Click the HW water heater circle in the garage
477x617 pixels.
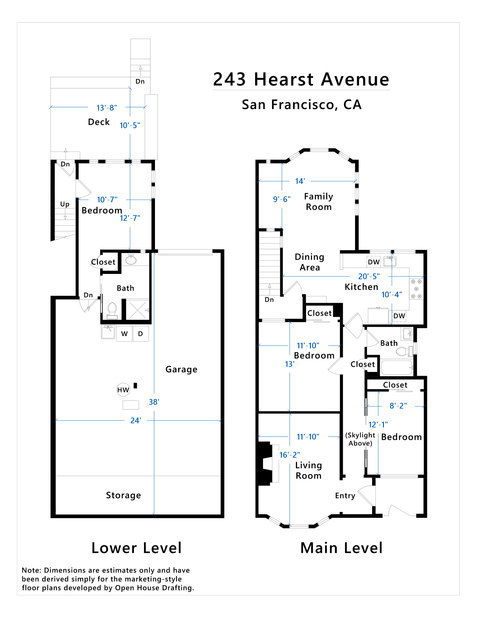pyautogui.click(x=123, y=389)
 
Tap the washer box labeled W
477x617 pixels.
pyautogui.click(x=124, y=334)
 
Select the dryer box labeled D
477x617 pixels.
pyautogui.click(x=141, y=334)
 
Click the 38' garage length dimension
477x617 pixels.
pyautogui.click(x=154, y=402)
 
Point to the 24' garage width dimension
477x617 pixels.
pyautogui.click(x=136, y=420)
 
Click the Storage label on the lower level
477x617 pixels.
pyautogui.click(x=123, y=495)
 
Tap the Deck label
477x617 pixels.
pyautogui.click(x=99, y=122)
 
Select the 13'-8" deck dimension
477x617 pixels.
pyautogui.click(x=107, y=108)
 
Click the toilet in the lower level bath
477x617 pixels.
pyautogui.click(x=112, y=310)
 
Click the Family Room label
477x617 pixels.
pyautogui.click(x=319, y=202)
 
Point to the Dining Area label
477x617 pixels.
pyautogui.click(x=310, y=262)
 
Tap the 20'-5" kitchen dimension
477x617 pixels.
pyautogui.click(x=369, y=276)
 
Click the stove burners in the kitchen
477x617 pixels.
pyautogui.click(x=416, y=289)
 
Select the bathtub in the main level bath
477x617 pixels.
pyautogui.click(x=397, y=367)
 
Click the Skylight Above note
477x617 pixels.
pyautogui.click(x=360, y=439)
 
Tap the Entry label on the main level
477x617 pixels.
pyautogui.click(x=345, y=496)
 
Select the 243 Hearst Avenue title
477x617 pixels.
pyautogui.click(x=301, y=79)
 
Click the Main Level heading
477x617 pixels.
pyautogui.click(x=341, y=548)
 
